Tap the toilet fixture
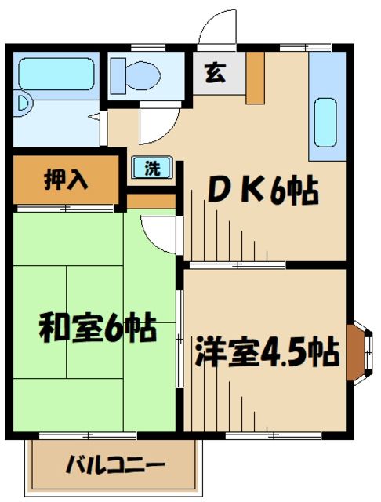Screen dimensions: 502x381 141,75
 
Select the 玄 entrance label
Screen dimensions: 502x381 213,75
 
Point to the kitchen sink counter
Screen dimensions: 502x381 325,114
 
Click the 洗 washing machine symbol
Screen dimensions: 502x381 154,167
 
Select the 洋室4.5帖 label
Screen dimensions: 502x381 267,350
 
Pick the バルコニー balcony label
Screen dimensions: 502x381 114,464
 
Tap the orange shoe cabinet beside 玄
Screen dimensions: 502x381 256,77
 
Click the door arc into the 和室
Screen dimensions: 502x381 155,229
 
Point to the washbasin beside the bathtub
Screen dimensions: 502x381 24,102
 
